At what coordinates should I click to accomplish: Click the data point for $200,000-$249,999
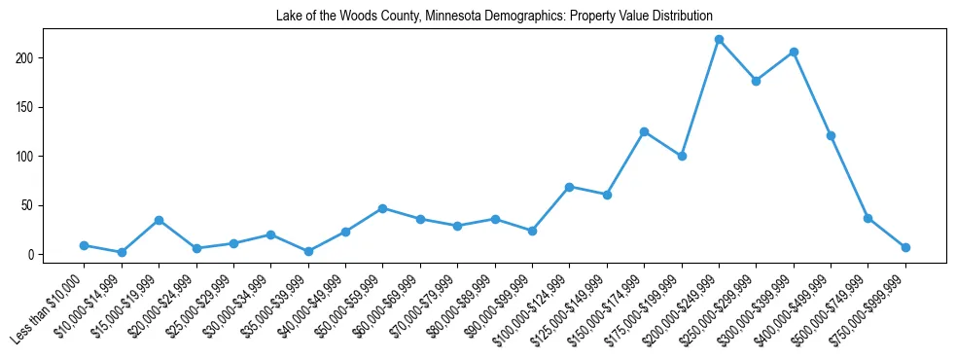pos(719,39)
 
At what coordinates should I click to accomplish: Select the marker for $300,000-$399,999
pos(794,52)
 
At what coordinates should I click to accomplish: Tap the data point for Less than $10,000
pos(85,245)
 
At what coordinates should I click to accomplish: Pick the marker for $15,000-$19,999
pos(159,220)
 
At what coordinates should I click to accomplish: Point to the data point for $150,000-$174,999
pos(644,131)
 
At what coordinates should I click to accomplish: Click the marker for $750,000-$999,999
pos(905,247)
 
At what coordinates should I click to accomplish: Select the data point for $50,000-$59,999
pos(382,208)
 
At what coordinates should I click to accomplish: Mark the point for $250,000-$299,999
pos(756,81)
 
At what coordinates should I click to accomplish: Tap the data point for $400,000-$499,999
pos(831,135)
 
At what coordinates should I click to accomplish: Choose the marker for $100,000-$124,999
pos(569,187)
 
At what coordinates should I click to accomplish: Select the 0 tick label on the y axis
pos(31,255)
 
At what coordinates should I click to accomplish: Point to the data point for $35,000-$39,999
pos(308,251)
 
